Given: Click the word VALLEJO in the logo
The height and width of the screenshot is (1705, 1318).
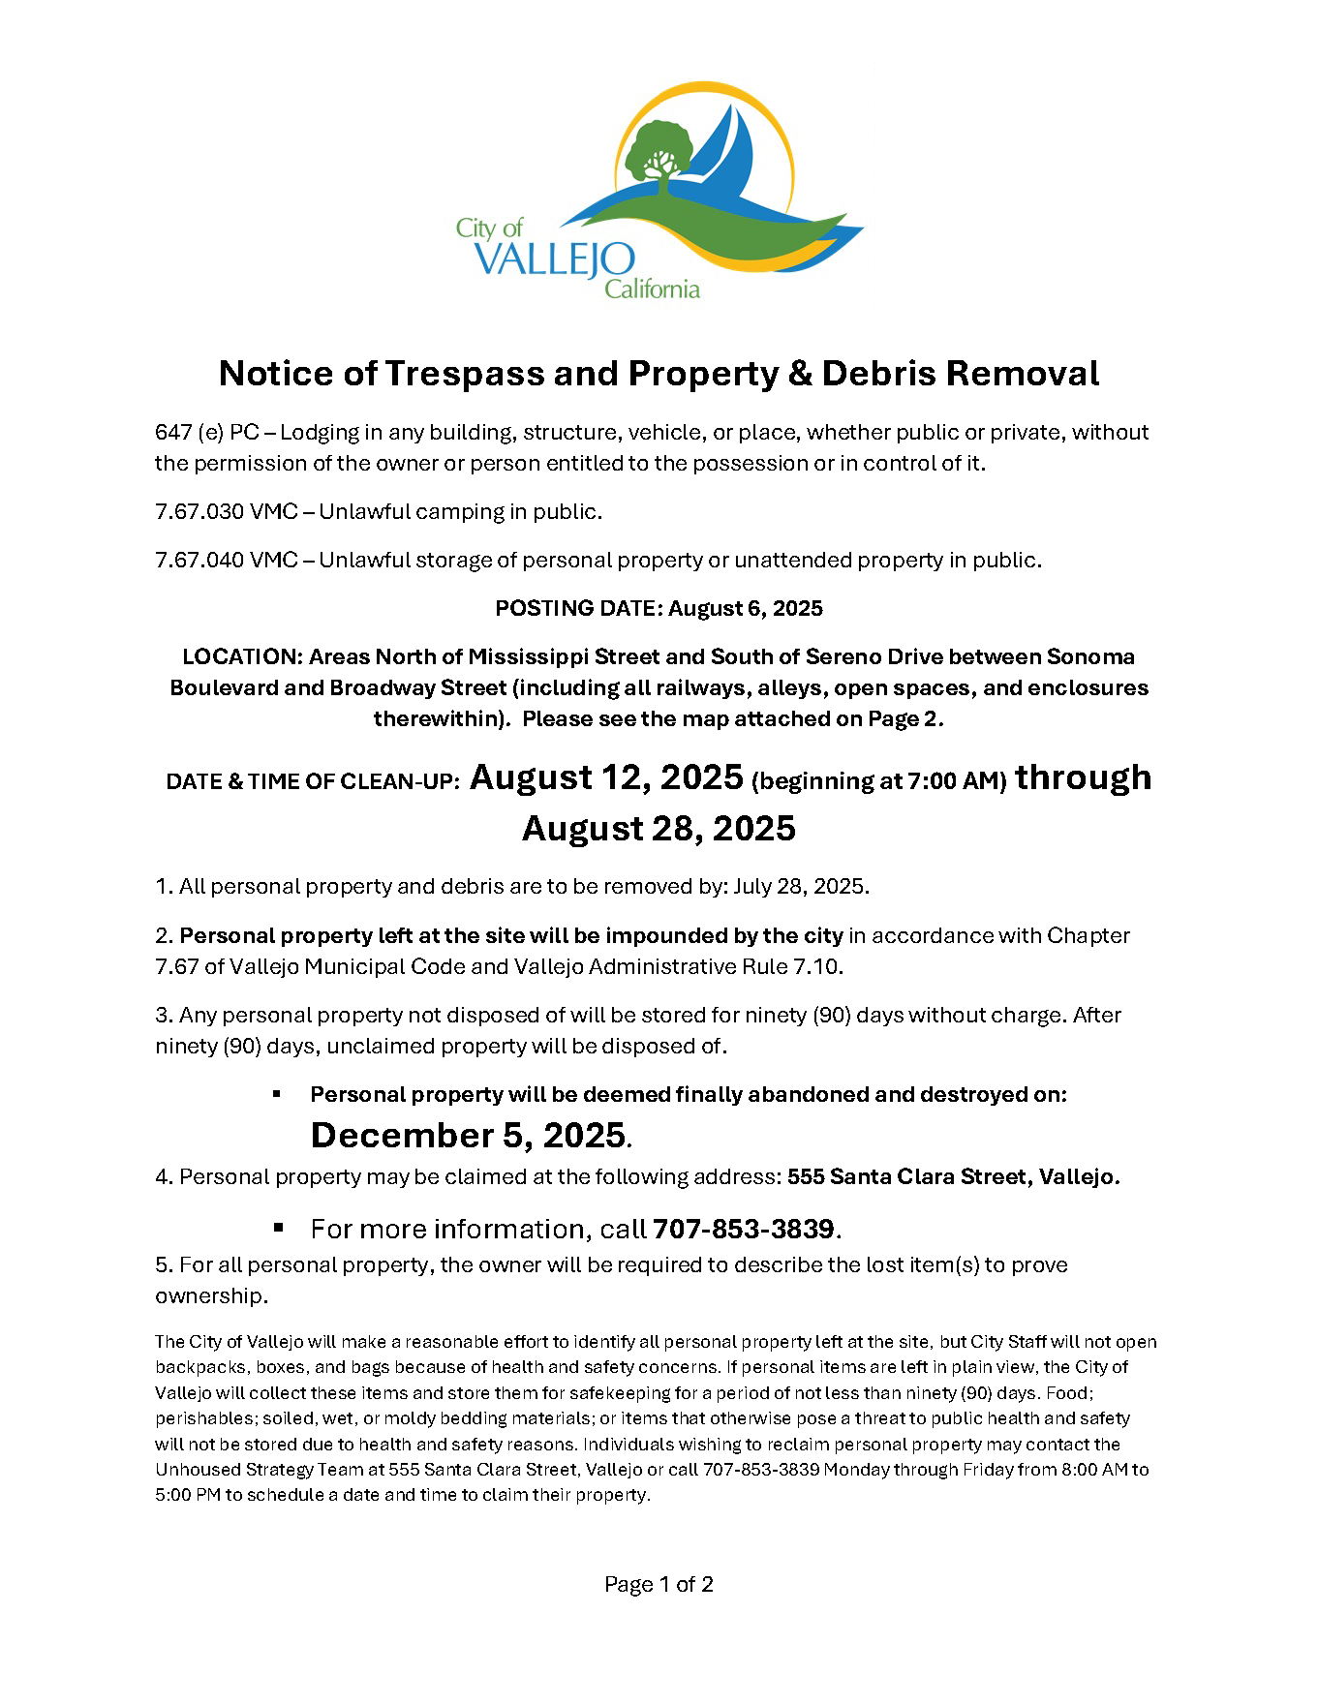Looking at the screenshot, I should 555,259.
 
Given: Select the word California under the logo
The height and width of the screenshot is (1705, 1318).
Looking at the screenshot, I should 652,289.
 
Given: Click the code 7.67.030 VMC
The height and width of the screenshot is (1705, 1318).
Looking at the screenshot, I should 226,511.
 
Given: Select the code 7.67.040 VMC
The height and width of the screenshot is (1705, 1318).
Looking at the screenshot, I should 226,560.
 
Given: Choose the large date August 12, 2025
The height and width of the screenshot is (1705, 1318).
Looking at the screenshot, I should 606,777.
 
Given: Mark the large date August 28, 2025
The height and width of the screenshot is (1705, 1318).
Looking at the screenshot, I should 659,829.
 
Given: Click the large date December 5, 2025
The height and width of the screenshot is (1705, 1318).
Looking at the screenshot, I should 468,1135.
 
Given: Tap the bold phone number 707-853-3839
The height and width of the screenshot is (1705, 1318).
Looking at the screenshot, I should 743,1229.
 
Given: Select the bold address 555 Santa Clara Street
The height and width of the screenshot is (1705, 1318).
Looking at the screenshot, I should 908,1176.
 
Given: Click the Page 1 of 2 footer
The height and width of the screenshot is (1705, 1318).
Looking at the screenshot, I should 659,1584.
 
